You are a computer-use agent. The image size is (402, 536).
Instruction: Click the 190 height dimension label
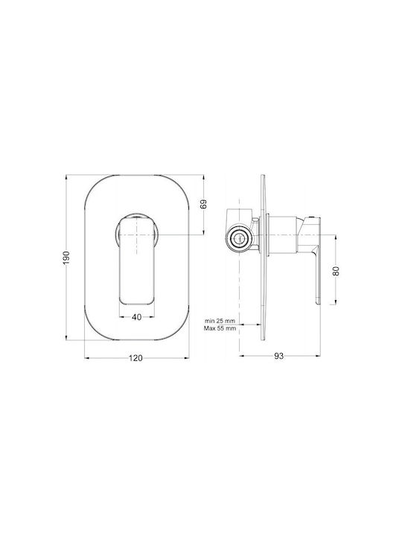(x=66, y=258)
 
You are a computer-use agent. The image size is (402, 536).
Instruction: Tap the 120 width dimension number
(x=135, y=358)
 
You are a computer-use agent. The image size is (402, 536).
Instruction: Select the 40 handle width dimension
(x=137, y=317)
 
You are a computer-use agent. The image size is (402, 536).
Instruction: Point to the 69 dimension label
(x=204, y=205)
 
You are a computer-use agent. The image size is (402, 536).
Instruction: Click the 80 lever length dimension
(x=336, y=271)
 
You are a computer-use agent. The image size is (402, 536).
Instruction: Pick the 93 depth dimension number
(x=279, y=356)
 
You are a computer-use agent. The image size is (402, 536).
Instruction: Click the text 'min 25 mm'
(x=220, y=321)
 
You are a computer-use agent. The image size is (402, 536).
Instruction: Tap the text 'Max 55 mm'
(x=220, y=328)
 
